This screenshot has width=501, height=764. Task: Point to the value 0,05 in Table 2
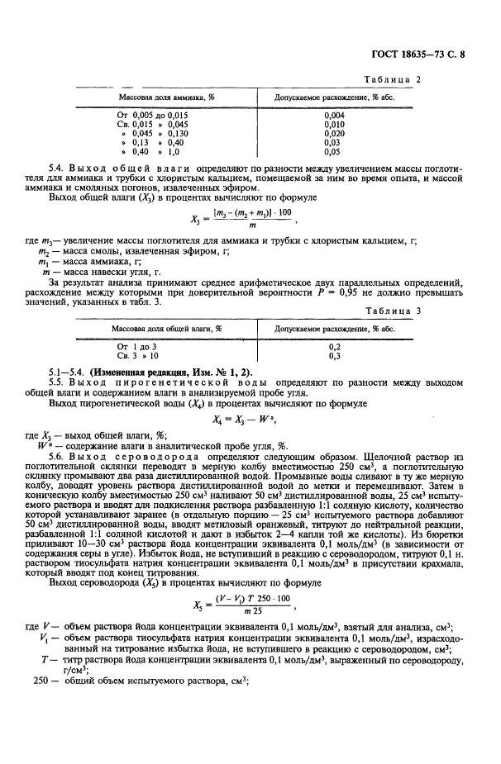[x=332, y=152]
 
